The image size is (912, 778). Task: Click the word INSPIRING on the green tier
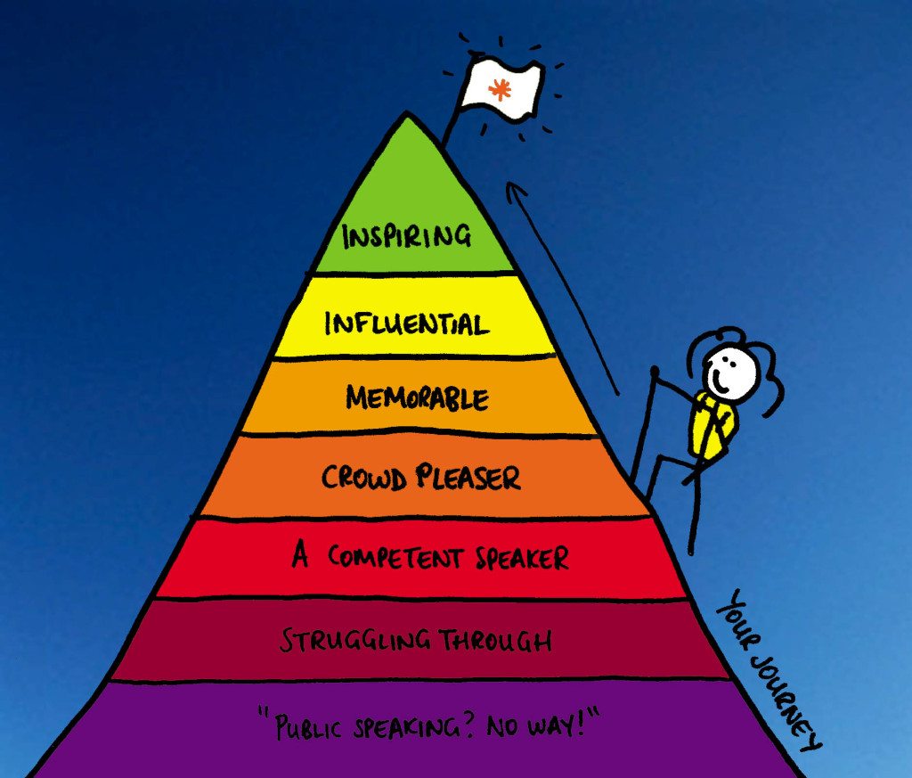406,236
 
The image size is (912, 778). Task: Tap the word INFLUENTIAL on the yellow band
406,323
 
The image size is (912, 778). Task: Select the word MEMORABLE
417,397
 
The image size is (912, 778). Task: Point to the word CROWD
364,478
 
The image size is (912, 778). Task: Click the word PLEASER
468,477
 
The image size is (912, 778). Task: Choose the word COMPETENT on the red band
395,557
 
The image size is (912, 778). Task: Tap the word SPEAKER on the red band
522,558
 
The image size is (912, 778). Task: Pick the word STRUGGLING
355,640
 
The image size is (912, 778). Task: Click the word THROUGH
495,640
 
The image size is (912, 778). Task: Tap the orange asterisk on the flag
499,88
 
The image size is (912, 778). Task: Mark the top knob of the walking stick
655,370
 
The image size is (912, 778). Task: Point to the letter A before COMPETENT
300,555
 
